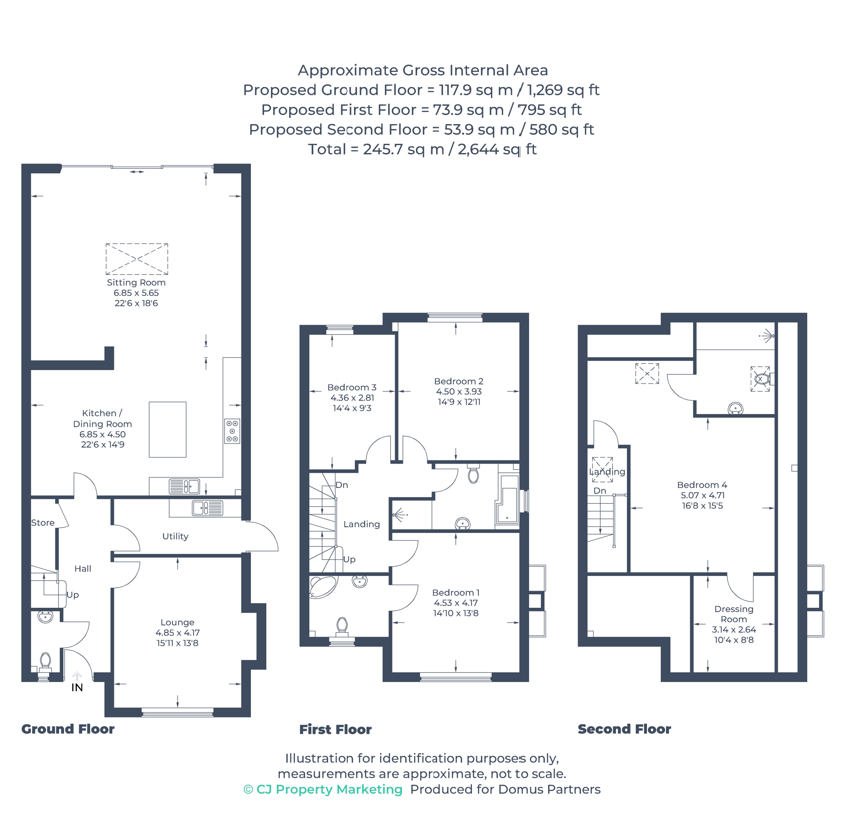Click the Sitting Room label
[136, 283]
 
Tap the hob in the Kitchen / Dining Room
[232, 431]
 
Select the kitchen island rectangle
[167, 429]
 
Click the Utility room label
[175, 536]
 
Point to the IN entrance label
[77, 688]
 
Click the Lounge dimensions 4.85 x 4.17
[178, 633]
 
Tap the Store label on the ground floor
[43, 523]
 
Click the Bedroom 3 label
[352, 388]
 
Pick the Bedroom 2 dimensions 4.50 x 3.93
[459, 392]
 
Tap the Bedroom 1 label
[456, 593]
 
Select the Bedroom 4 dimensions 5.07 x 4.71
[703, 495]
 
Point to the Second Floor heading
[624, 729]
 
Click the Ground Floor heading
[68, 729]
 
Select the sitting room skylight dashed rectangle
[137, 259]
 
